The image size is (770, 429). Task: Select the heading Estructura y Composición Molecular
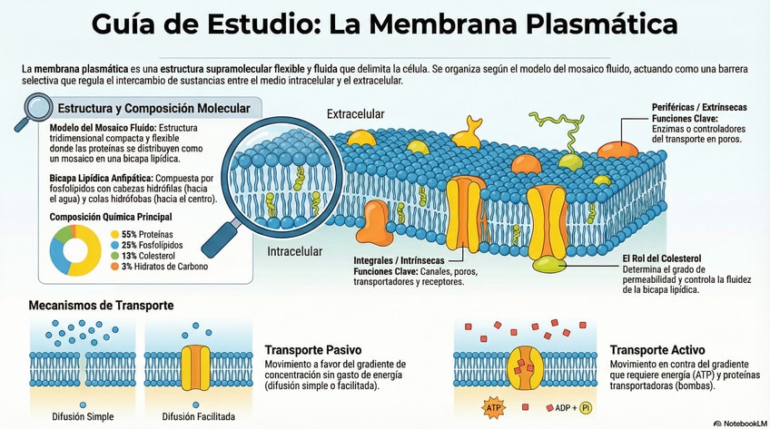click(153, 109)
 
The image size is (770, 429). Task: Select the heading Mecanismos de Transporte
click(101, 306)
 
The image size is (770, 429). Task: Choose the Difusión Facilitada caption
click(198, 416)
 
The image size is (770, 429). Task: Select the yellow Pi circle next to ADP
click(586, 407)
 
